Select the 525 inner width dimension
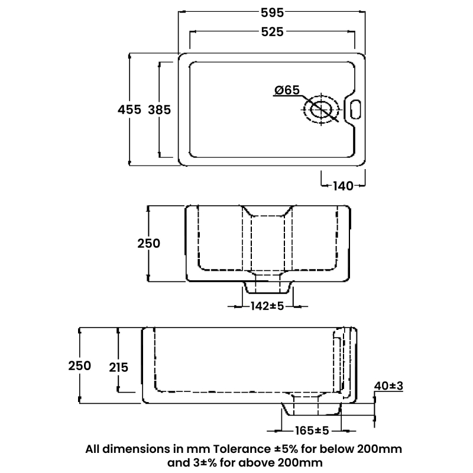pos(271,33)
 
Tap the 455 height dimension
pos(129,109)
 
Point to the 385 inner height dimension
pos(159,109)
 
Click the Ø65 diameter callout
pos(287,90)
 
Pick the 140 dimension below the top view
pos(343,186)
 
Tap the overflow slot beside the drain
pos(355,109)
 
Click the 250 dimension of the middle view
pos(149,242)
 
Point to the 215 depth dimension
pos(118,367)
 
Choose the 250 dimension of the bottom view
pos(79,365)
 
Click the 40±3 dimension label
pos(388,386)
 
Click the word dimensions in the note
pos(138,448)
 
